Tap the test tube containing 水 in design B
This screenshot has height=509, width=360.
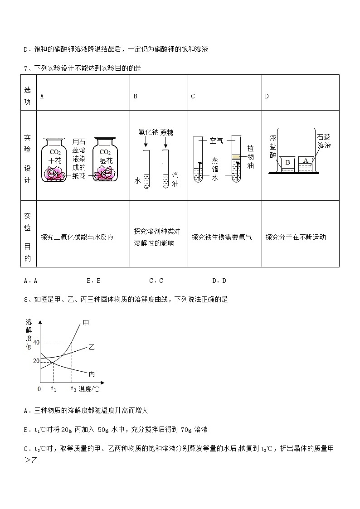(146, 170)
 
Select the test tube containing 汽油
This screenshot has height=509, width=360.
(165, 170)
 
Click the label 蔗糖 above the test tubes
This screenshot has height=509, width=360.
(166, 132)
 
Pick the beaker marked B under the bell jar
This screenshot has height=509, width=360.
(287, 164)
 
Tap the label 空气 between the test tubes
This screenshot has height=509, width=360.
(216, 141)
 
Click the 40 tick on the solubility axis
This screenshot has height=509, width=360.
(35, 342)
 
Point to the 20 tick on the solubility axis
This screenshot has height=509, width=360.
(35, 361)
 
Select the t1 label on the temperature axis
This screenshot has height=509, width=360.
(53, 389)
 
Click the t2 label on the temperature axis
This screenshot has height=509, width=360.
(73, 389)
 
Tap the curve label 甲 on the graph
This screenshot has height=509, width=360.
(86, 323)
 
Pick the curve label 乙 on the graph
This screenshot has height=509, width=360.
(91, 348)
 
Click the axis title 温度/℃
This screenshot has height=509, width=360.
(89, 389)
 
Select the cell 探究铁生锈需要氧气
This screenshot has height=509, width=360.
(222, 237)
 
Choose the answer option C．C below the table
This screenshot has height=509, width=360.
(156, 281)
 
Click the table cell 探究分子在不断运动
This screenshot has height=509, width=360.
(296, 237)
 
